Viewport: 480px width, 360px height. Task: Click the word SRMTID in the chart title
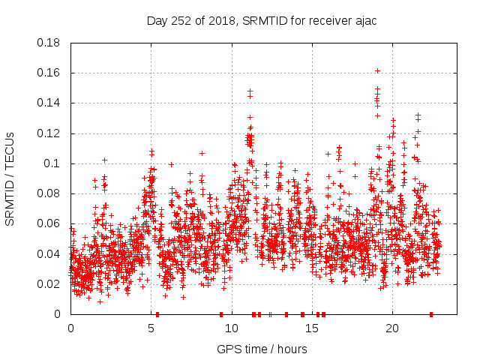262,21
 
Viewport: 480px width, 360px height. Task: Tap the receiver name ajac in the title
364,21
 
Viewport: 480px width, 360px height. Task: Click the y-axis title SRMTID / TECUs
10,178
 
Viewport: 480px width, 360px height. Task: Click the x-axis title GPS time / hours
262,349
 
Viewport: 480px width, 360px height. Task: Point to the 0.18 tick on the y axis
49,43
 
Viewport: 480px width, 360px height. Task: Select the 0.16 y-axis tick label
49,73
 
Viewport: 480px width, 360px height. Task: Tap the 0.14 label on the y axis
49,103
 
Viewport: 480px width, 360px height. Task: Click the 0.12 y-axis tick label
49,133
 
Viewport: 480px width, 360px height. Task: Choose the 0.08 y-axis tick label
49,193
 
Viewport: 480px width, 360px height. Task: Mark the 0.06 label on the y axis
49,223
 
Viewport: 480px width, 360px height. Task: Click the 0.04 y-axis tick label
49,253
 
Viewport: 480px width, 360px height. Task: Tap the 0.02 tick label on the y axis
49,284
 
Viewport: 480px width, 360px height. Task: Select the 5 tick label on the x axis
151,328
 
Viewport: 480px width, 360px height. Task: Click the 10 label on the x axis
231,328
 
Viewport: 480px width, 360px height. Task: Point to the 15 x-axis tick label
310,328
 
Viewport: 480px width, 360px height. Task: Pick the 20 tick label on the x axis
391,328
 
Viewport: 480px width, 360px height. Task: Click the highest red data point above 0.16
377,70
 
